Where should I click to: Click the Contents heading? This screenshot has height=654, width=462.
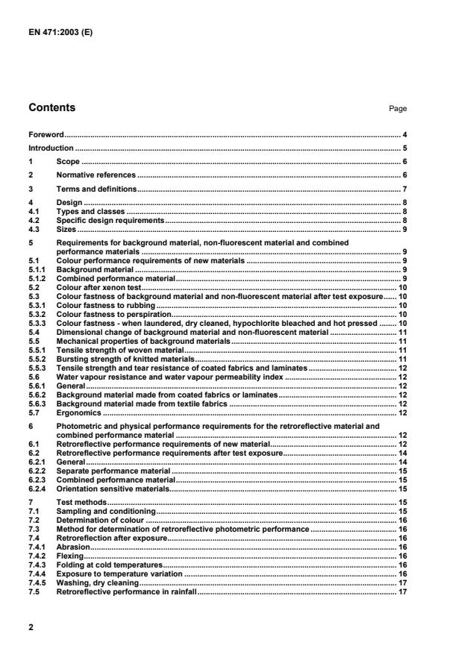coord(51,108)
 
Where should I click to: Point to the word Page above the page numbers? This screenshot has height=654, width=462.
coord(397,109)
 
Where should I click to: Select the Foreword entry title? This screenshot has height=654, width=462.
coord(46,135)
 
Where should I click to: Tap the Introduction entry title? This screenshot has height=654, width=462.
coord(51,148)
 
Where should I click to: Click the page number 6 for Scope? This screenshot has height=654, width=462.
coord(404,162)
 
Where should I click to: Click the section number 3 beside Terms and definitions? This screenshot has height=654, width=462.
coord(31,189)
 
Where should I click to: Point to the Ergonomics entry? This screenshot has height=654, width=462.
coord(79,412)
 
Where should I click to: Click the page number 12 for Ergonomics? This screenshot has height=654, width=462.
coord(402,412)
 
